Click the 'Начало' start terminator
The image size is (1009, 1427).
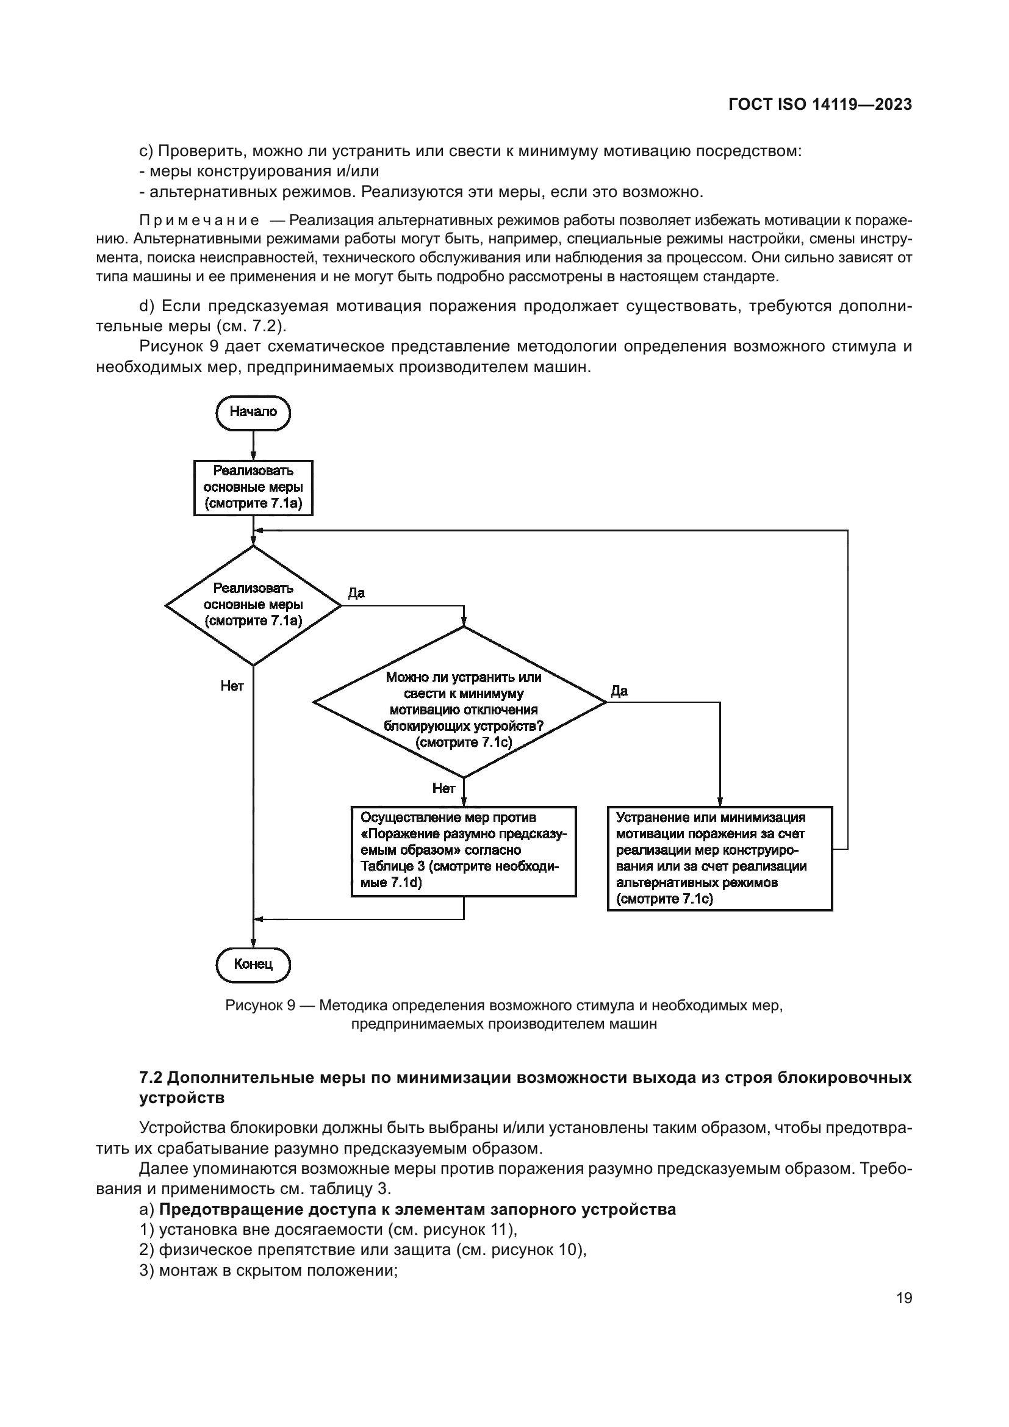253,412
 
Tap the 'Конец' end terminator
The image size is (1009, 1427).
253,964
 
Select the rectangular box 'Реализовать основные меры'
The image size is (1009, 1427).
253,487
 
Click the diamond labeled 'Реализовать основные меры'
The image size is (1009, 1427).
253,605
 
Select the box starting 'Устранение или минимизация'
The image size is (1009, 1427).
719,858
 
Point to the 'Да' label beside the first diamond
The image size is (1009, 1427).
356,593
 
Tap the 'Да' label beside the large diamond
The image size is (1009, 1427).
619,691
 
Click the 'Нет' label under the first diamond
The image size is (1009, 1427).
232,686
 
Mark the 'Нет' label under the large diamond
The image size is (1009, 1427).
443,788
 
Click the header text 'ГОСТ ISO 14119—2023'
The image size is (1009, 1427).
819,104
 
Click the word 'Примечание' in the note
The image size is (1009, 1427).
199,221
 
